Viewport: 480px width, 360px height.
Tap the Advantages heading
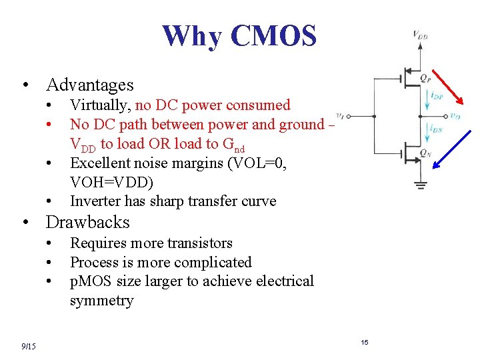(89, 85)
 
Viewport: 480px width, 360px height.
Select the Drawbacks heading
(87, 222)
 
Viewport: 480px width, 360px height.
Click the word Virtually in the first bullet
(100, 105)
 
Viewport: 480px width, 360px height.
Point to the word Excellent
(99, 163)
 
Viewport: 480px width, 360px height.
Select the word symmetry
(101, 301)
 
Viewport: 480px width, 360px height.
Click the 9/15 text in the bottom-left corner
(29, 345)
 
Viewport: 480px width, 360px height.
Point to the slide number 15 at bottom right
(365, 342)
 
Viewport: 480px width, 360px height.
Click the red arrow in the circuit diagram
(447, 87)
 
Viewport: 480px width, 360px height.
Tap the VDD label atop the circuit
(420, 35)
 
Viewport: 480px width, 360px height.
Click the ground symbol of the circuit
(421, 185)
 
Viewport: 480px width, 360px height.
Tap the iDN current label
(436, 128)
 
